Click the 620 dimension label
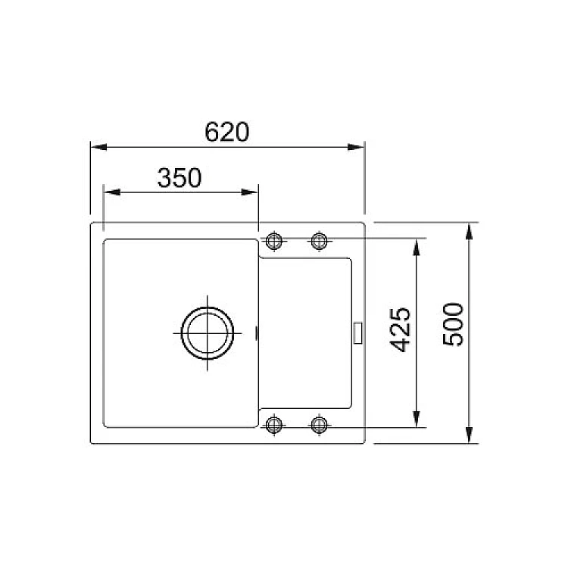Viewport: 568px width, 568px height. tap(226, 132)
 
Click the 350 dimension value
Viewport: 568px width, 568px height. tap(179, 177)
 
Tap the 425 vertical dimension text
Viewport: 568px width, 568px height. tap(401, 329)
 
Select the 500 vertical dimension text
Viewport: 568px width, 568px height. tap(453, 325)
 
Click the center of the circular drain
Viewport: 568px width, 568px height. tap(208, 333)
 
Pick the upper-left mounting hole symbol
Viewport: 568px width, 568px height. tap(274, 241)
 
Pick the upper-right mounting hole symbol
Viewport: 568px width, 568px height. tap(319, 241)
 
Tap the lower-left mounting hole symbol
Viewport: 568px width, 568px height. tap(274, 425)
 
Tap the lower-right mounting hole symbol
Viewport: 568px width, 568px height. tap(319, 425)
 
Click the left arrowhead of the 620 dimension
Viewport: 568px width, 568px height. tap(98, 147)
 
